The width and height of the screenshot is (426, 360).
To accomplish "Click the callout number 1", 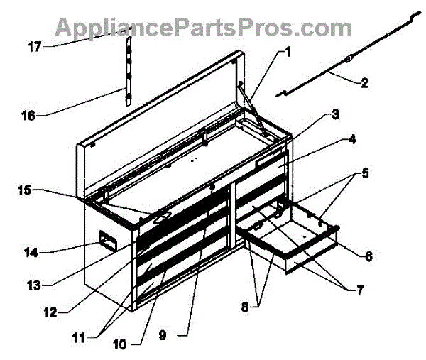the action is pyautogui.click(x=289, y=51).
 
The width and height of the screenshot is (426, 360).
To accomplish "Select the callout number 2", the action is pyautogui.click(x=364, y=84).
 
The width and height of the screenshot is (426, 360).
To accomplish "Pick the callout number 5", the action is pyautogui.click(x=364, y=173).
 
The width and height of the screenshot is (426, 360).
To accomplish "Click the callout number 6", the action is pyautogui.click(x=368, y=256).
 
